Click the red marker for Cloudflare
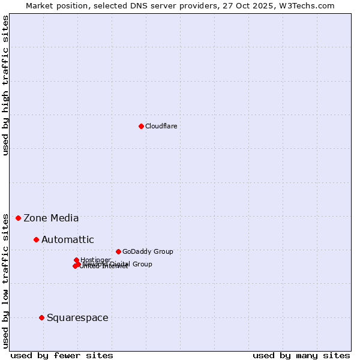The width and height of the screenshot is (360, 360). (141, 126)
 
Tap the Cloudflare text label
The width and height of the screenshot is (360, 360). (161, 126)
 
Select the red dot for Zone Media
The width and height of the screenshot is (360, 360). (19, 218)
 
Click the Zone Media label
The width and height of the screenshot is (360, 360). (51, 218)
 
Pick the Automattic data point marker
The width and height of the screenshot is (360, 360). (36, 239)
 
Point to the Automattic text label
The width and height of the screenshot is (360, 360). (67, 240)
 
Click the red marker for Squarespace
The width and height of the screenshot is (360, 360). (41, 317)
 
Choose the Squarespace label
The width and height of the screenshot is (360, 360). (77, 318)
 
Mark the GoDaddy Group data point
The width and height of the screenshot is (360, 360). (118, 251)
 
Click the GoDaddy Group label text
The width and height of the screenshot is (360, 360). (148, 251)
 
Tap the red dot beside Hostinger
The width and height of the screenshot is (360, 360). (76, 260)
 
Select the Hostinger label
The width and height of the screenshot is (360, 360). (95, 260)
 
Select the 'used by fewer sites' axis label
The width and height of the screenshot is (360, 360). (62, 355)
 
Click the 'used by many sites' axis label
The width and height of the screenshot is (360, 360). (301, 355)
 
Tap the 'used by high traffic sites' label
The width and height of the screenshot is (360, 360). (5, 85)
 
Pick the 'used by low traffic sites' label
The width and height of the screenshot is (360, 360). (5, 280)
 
